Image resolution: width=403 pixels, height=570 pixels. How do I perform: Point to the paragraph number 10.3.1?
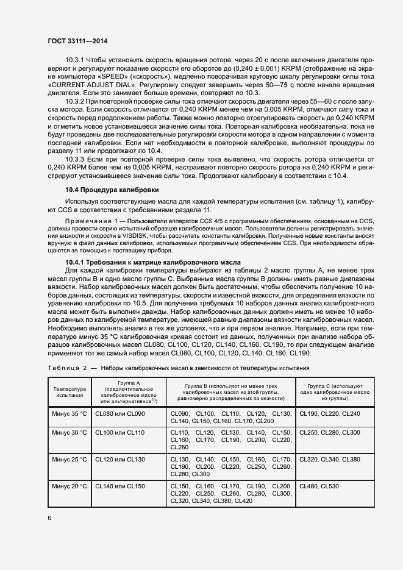click(75, 61)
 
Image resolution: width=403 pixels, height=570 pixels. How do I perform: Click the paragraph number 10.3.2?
click(75, 100)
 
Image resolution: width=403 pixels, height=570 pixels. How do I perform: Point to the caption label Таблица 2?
click(67, 368)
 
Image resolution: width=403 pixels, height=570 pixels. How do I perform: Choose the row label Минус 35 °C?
click(70, 413)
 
